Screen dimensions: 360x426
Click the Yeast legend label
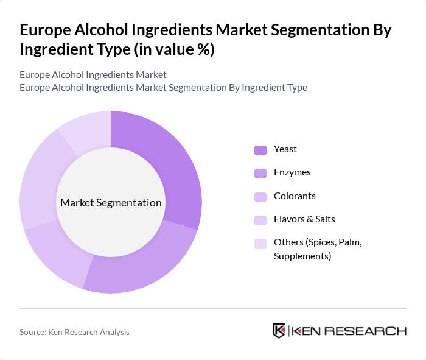[285, 149]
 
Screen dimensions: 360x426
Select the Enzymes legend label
[292, 172]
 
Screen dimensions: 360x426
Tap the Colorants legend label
[295, 196]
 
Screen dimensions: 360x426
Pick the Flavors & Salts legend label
[304, 219]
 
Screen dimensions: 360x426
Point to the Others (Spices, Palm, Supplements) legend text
[318, 242]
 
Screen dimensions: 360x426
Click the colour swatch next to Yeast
[260, 150]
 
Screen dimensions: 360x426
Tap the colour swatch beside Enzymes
[260, 173]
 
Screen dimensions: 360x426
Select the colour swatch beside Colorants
[260, 197]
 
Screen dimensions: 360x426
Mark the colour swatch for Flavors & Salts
[260, 220]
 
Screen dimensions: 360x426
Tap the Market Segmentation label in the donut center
[111, 203]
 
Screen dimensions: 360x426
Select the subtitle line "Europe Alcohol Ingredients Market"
[93, 75]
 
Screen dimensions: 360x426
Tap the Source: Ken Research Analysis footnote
[74, 332]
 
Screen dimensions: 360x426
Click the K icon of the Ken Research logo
[279, 331]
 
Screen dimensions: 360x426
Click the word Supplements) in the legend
[302, 256]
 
